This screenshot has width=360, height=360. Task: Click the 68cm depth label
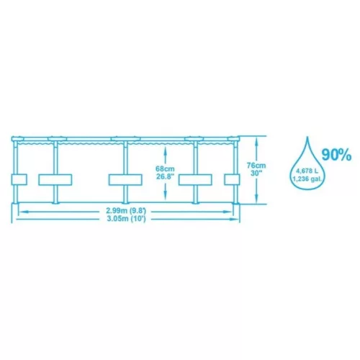tap(165, 169)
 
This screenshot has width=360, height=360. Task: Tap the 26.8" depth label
tap(165, 176)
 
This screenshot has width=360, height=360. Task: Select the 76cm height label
tap(256, 166)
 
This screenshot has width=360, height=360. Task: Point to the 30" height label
tap(256, 173)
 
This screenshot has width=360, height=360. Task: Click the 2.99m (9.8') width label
tap(126, 211)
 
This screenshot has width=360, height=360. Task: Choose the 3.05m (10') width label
tap(126, 219)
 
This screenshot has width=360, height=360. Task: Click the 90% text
tap(336, 155)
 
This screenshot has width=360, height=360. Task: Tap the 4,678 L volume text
tap(307, 171)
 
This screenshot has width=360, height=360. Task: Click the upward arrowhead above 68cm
tap(165, 150)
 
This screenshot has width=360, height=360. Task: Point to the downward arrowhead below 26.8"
tap(165, 196)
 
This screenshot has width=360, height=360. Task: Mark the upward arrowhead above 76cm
tap(256, 140)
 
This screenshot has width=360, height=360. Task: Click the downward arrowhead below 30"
tap(256, 199)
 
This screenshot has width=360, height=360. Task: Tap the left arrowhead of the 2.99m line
tap(22, 212)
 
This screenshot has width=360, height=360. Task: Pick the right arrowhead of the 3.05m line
tap(234, 219)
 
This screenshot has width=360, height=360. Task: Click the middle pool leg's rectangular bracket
tap(125, 180)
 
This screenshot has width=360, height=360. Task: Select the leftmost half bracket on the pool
tap(19, 179)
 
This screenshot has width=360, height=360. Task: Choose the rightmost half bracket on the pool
tap(232, 179)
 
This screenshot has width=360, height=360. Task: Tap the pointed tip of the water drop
tap(308, 137)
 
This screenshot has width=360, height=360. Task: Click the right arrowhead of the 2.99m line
tap(228, 212)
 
